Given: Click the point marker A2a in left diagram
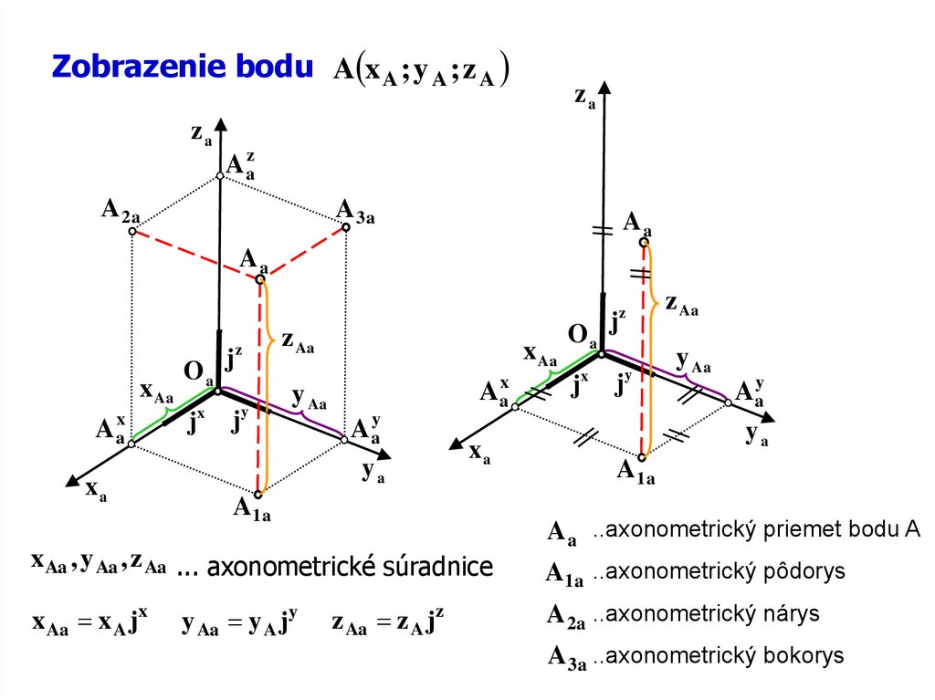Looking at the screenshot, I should pyautogui.click(x=131, y=232).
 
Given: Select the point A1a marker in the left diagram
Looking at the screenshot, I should pyautogui.click(x=258, y=495).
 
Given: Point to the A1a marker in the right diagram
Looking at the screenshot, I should pyautogui.click(x=642, y=455).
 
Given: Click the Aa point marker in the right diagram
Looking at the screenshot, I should pyautogui.click(x=645, y=241).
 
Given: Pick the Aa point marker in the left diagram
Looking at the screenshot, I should pyautogui.click(x=259, y=279).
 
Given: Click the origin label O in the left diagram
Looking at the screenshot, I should pyautogui.click(x=194, y=371).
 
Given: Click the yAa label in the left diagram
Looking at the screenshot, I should pyautogui.click(x=309, y=399).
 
